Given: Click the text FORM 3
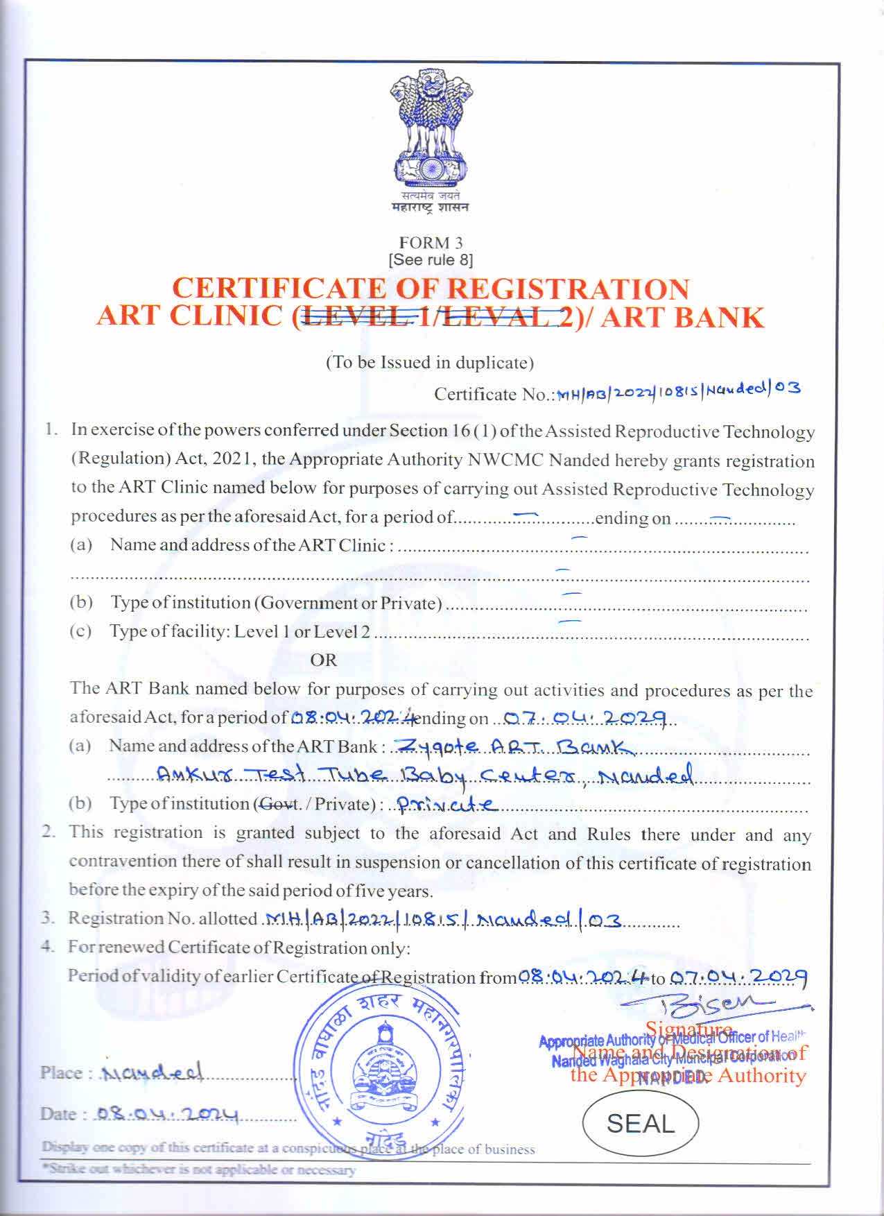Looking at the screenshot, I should [x=431, y=243].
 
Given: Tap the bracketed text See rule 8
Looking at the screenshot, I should [x=431, y=260].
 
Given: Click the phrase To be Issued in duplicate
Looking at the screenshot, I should [x=430, y=362].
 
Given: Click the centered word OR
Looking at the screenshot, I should [x=323, y=660].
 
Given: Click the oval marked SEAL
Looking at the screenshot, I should [x=640, y=1124].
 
